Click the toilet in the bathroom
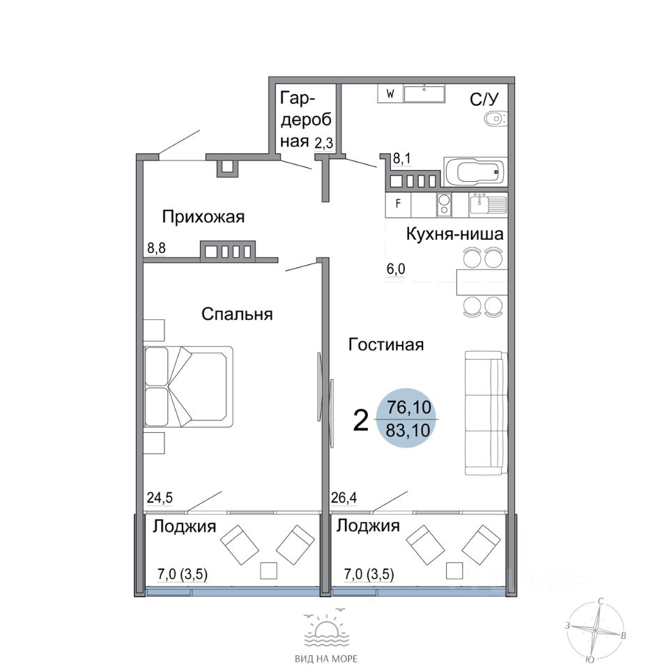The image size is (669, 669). coord(495,118)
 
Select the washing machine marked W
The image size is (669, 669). coord(390,94)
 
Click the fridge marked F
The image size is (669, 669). coord(398,204)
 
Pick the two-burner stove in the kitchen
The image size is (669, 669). coord(444,204)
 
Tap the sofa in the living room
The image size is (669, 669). coord(486,413)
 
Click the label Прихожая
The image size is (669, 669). coord(203,217)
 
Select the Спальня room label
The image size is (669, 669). coord(237,314)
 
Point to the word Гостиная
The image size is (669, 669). coord(386,344)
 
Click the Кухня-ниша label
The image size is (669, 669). coord(454,234)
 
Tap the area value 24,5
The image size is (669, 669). coord(160,498)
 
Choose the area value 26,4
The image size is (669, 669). coord(344,498)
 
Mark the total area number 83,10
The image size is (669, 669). coord(408,430)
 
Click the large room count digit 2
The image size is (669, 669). coord(361,421)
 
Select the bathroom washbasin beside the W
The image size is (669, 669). coord(424,94)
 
